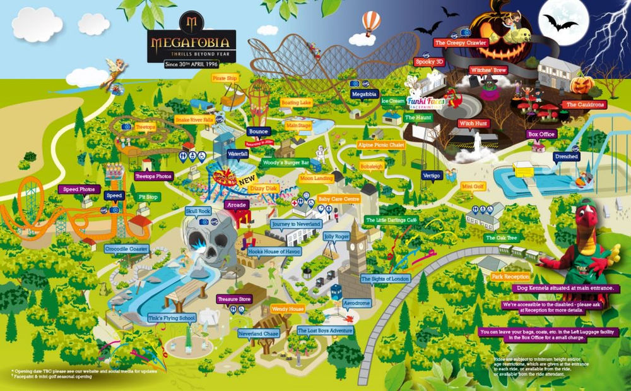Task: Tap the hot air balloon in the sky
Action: click(x=372, y=23)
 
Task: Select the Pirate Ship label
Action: click(x=225, y=78)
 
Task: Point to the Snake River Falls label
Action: click(x=194, y=119)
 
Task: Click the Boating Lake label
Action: click(x=296, y=102)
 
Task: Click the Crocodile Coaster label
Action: click(x=126, y=250)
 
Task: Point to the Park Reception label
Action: click(x=511, y=277)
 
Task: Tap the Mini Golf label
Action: click(x=475, y=186)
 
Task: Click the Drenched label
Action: click(x=566, y=155)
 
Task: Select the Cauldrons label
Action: click(x=585, y=104)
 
